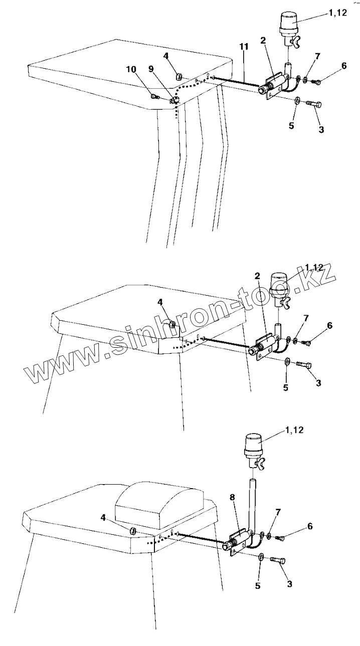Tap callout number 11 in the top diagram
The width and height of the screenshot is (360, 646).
point(244,47)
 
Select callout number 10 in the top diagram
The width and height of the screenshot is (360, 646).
point(131,70)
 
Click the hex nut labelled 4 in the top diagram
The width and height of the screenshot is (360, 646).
point(178,77)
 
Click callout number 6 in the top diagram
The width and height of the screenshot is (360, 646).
point(344,66)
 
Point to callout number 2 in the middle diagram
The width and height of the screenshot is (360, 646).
point(257,276)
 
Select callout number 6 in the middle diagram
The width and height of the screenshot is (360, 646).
point(329,326)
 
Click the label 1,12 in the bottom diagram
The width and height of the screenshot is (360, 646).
point(294,430)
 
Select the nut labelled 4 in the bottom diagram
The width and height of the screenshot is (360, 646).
point(133,531)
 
